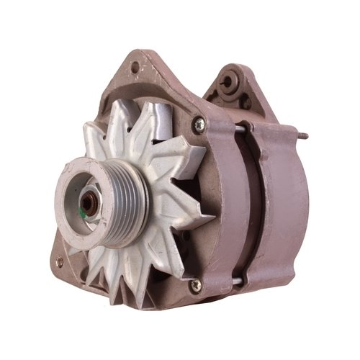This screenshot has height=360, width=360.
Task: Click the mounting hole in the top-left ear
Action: coord(135,68)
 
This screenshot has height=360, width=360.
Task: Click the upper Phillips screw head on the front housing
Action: coord(199,126)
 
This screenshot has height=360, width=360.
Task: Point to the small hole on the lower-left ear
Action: coord(60,261)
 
